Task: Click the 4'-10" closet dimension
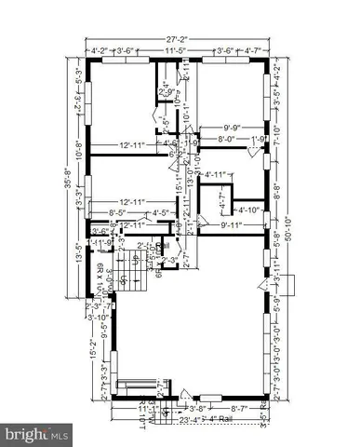[248, 210]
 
